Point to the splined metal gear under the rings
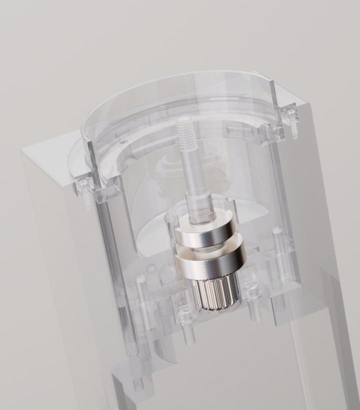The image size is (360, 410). pos(210,296)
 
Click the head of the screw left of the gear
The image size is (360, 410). pos(184,315)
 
